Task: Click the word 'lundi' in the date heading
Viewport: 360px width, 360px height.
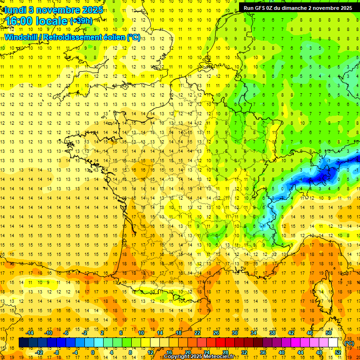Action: (x=15, y=10)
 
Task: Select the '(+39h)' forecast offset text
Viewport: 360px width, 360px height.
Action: (x=81, y=21)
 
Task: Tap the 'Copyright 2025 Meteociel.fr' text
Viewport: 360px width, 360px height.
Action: (x=199, y=357)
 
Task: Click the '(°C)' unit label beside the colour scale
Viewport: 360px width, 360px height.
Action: (x=349, y=343)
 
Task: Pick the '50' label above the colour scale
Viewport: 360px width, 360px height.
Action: (x=329, y=333)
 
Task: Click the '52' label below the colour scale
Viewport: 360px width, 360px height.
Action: (x=337, y=352)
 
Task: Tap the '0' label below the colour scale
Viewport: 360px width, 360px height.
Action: (x=93, y=352)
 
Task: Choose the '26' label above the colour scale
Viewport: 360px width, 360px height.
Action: (x=216, y=333)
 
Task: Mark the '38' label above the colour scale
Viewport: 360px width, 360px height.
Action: (x=272, y=333)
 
